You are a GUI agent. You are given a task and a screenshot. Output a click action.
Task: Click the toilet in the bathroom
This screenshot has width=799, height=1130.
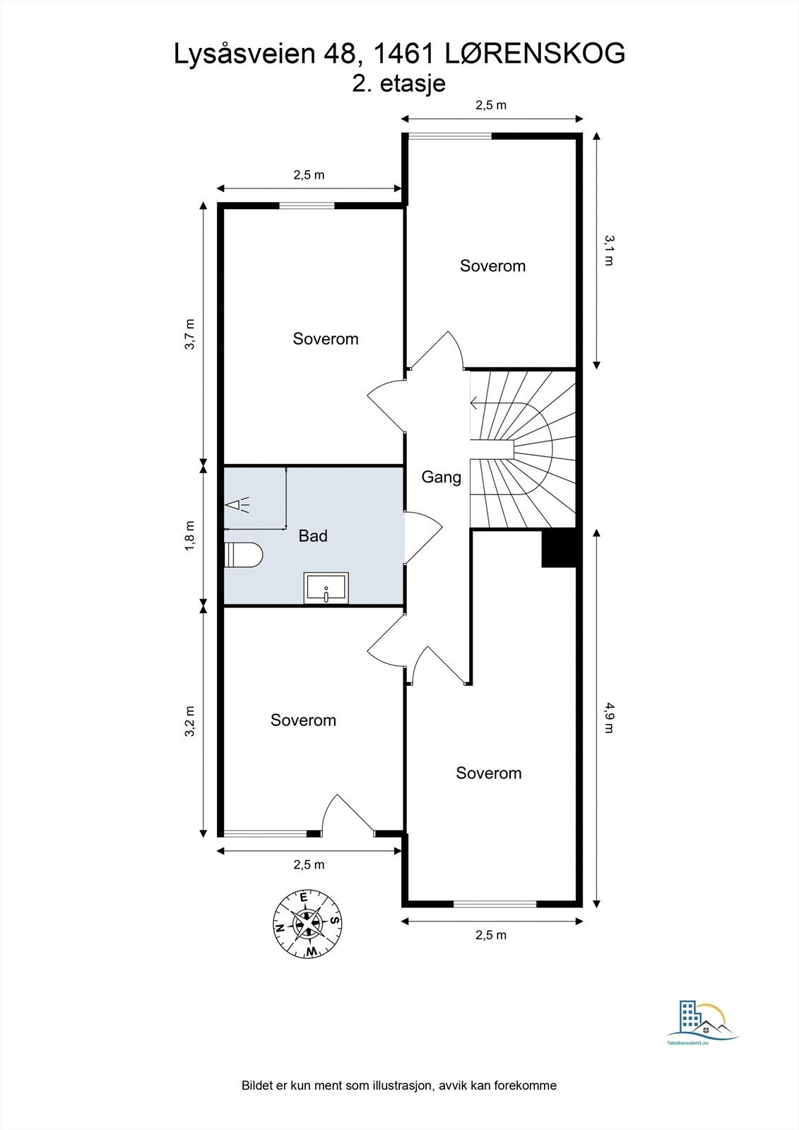pyautogui.click(x=243, y=555)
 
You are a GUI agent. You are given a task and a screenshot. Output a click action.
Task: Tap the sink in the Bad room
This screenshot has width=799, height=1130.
pyautogui.click(x=326, y=588)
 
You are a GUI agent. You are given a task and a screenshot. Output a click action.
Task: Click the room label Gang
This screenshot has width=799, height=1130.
pyautogui.click(x=441, y=477)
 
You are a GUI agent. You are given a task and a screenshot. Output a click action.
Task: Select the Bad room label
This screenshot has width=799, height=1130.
pyautogui.click(x=313, y=535)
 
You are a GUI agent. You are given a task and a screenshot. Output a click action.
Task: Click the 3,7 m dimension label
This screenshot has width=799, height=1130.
pyautogui.click(x=190, y=333)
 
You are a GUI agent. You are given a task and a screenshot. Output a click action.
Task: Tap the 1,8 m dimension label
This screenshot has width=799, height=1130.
pyautogui.click(x=190, y=535)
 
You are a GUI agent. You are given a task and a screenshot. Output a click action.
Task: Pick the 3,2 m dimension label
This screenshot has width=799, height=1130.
pyautogui.click(x=190, y=721)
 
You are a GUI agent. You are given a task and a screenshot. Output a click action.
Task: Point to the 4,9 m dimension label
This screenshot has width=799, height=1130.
pyautogui.click(x=609, y=717)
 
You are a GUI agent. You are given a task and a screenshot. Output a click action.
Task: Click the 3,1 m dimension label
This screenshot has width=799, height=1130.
pyautogui.click(x=609, y=250)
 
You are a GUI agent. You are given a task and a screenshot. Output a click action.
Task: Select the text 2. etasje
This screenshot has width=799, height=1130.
pyautogui.click(x=398, y=83)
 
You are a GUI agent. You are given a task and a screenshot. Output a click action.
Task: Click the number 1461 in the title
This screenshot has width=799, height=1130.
pyautogui.click(x=403, y=54)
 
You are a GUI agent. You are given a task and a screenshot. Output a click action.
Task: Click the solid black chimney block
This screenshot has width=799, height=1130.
pyautogui.click(x=560, y=548)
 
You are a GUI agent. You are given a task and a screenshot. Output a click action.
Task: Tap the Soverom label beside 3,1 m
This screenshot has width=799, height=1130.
pyautogui.click(x=492, y=266)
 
